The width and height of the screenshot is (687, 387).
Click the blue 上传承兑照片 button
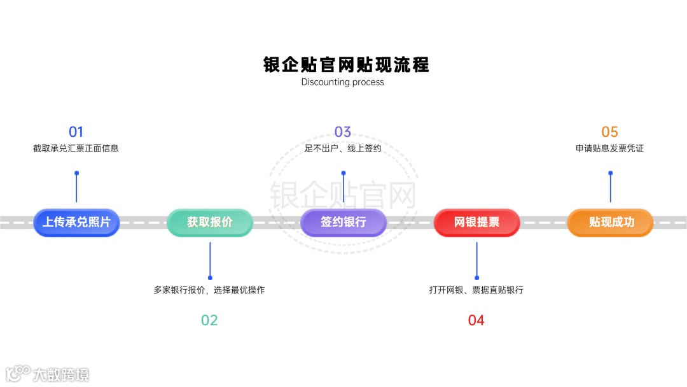click(76, 223)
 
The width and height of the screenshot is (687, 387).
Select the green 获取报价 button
click(210, 223)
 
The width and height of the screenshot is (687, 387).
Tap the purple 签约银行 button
click(343, 223)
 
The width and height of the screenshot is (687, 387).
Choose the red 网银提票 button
click(477, 223)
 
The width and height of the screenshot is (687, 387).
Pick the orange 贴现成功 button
click(611, 223)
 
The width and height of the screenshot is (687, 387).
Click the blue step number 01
click(76, 132)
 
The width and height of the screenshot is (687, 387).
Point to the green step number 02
click(209, 320)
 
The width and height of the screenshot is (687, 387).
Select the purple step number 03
click(343, 132)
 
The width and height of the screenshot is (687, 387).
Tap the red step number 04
click(476, 320)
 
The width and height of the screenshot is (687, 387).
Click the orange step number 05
click(609, 132)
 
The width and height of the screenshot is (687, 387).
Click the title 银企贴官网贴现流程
click(347, 64)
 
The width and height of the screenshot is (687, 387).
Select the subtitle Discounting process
click(343, 82)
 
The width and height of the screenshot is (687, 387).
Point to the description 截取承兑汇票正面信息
click(76, 148)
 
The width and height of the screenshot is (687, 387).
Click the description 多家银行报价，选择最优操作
click(209, 290)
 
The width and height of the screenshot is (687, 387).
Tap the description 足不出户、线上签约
click(343, 148)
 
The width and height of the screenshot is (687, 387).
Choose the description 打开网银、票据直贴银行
click(476, 290)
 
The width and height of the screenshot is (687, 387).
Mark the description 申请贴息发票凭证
click(609, 148)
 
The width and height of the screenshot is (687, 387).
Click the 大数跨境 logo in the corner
click(48, 374)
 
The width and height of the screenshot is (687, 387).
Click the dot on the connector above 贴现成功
click(611, 173)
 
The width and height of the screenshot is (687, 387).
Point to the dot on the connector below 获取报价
click(210, 278)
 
